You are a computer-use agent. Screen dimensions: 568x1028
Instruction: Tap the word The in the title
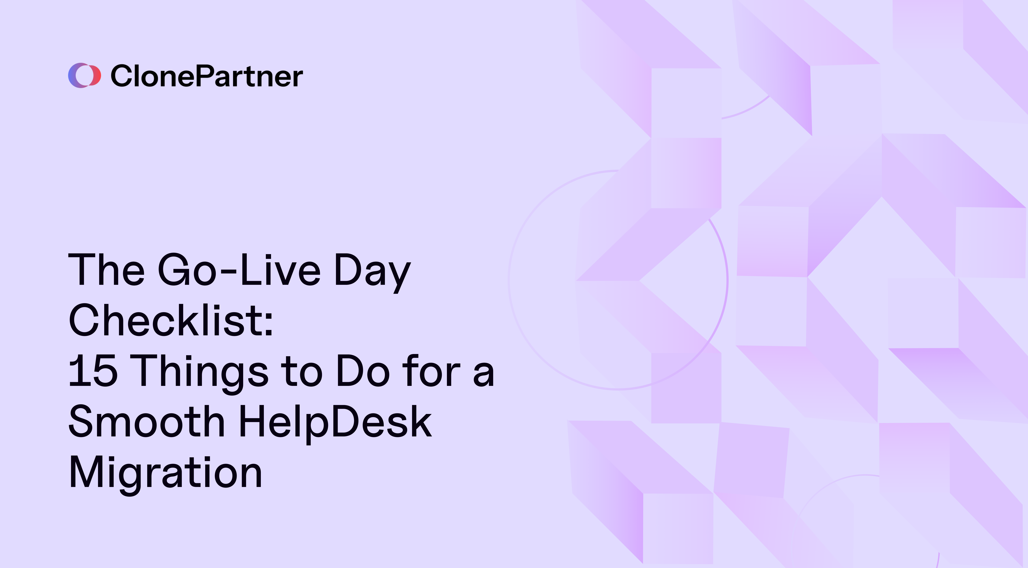pos(106,270)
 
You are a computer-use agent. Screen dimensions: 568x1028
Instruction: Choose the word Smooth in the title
pos(146,422)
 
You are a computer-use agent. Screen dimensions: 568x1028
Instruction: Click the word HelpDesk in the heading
pos(335,423)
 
